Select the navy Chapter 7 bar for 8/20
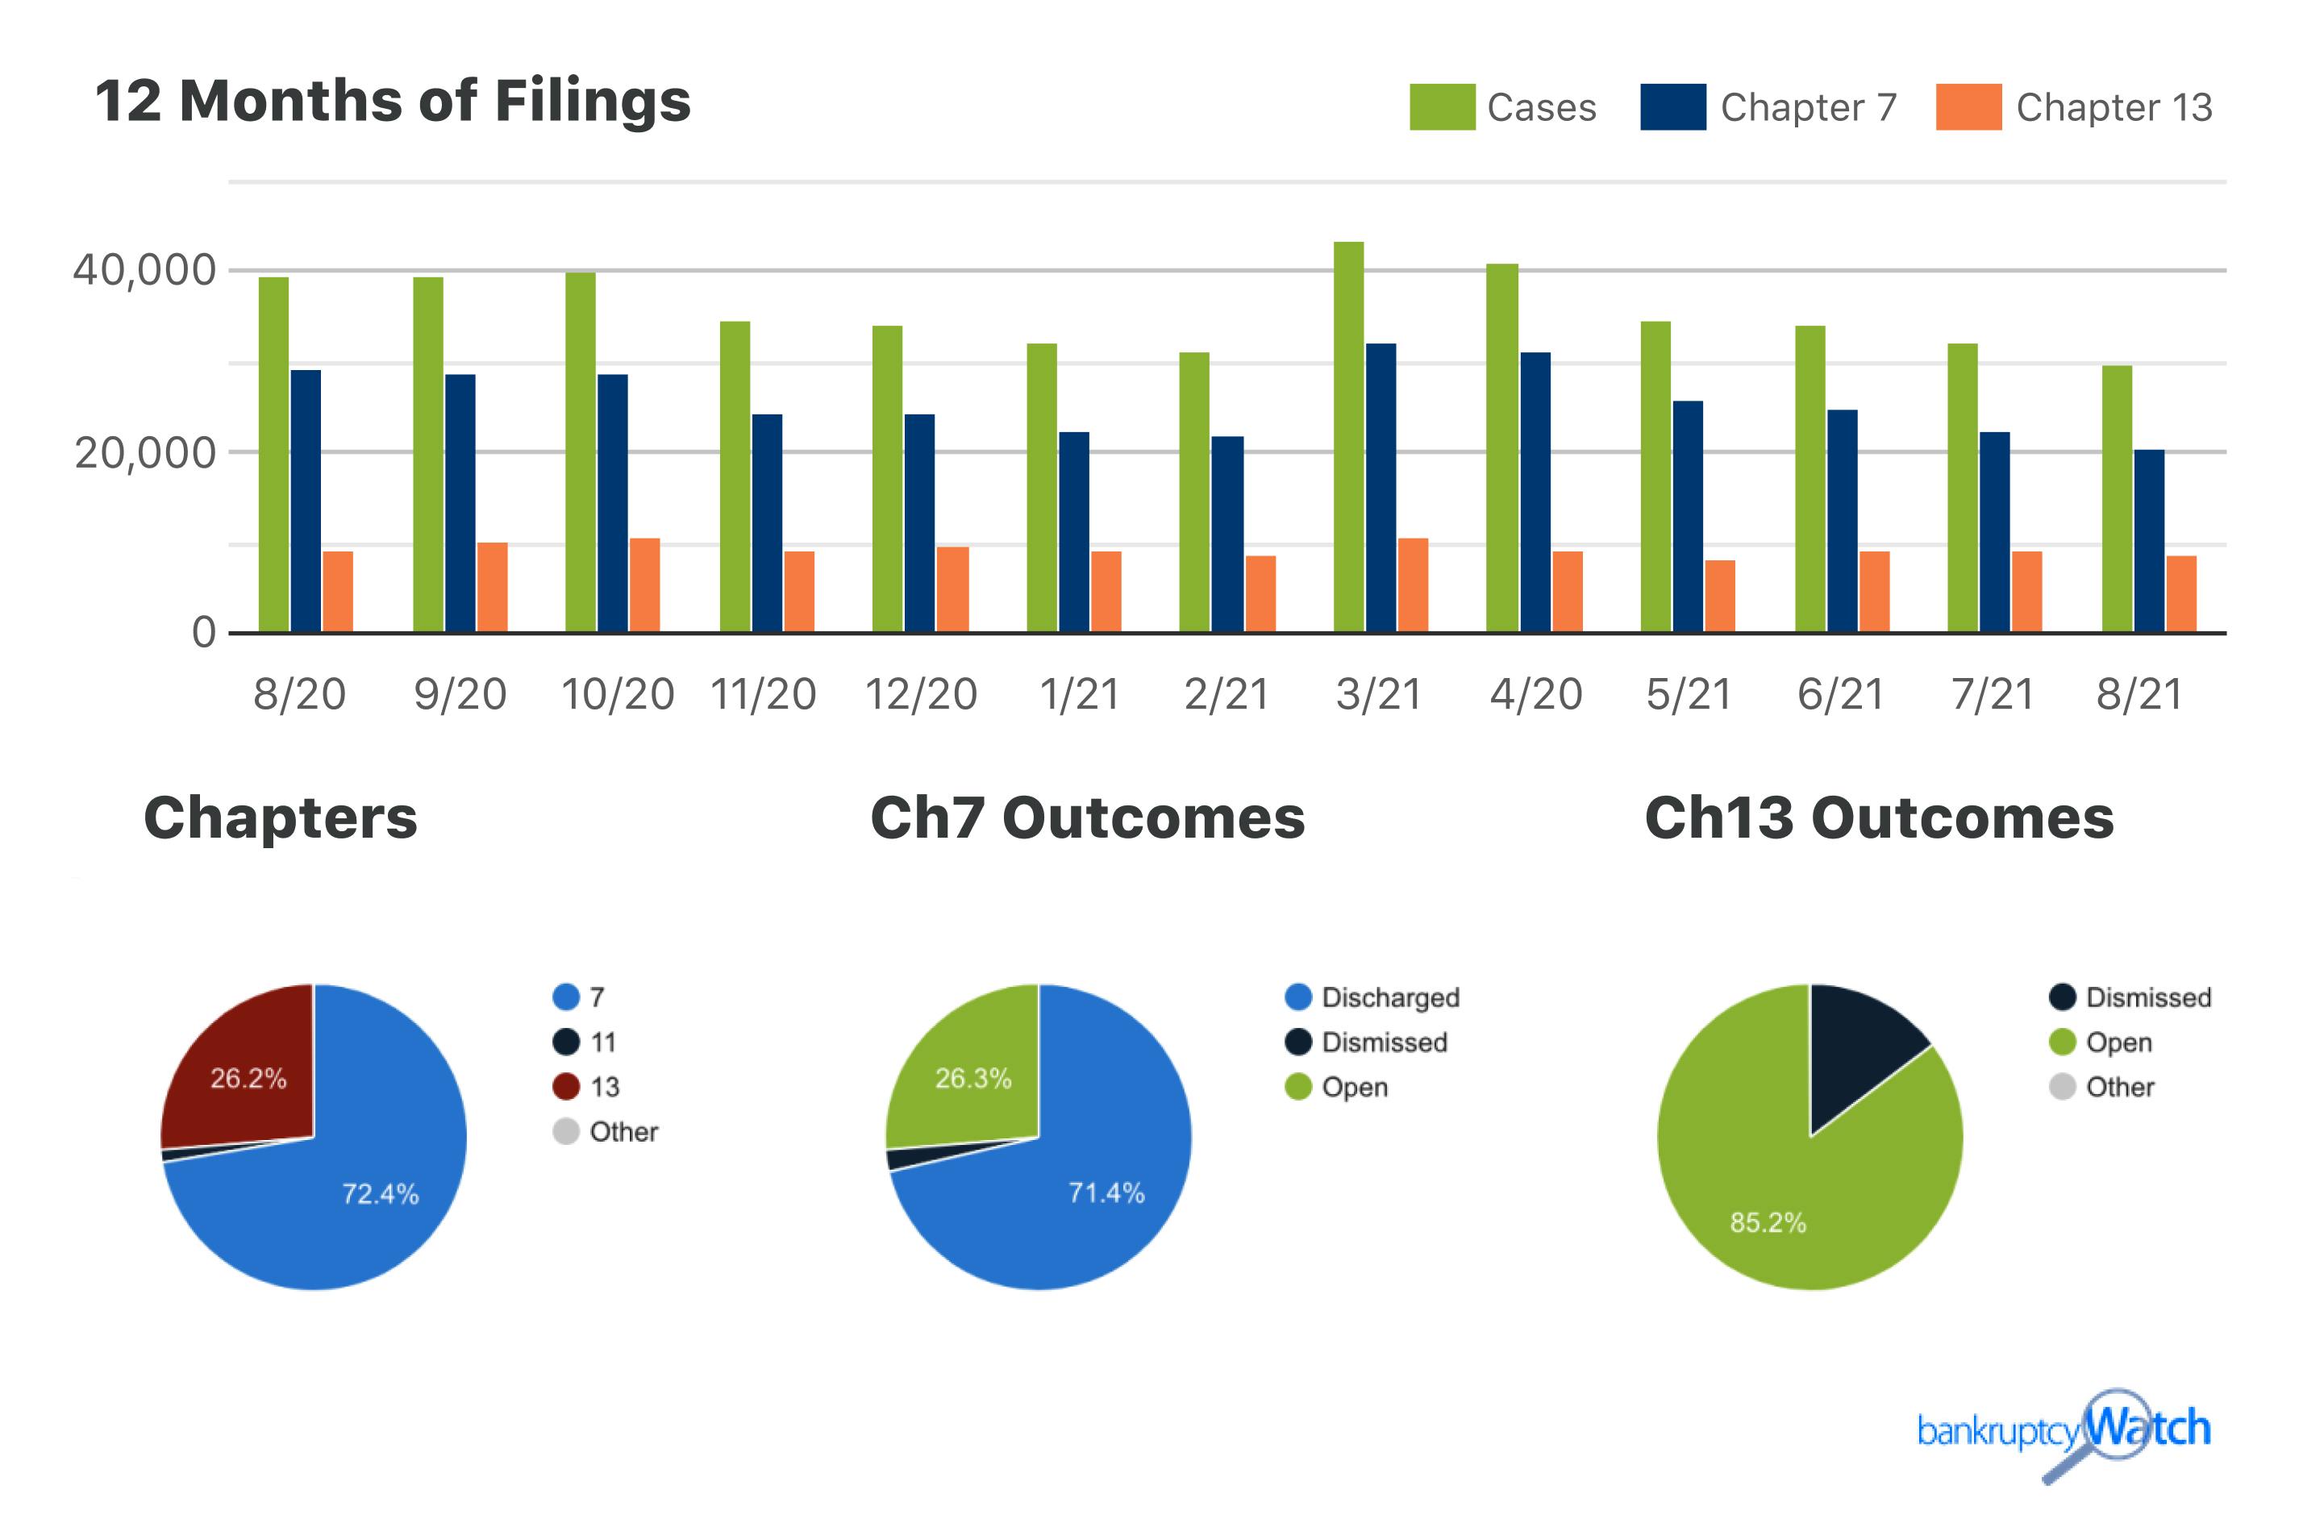pos(305,501)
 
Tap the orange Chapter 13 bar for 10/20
pos(643,585)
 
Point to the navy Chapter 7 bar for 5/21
pos(1687,517)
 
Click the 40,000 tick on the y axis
pos(144,271)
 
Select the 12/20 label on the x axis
pos(920,694)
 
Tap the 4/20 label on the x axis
pos(1535,694)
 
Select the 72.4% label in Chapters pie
pos(380,1194)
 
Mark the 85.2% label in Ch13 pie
pos(1768,1222)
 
